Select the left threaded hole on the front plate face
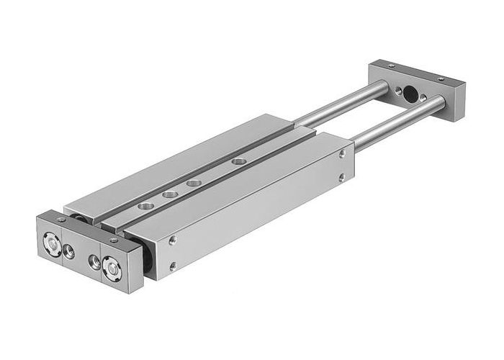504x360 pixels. point(70,250)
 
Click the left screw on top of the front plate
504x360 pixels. point(61,219)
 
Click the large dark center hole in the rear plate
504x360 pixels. point(410,92)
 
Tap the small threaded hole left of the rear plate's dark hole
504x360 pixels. point(397,89)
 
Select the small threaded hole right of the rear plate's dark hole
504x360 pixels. point(423,96)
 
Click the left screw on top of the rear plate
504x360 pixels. point(391,66)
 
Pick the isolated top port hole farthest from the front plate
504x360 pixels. point(238,162)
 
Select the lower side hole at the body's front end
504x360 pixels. point(172,266)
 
